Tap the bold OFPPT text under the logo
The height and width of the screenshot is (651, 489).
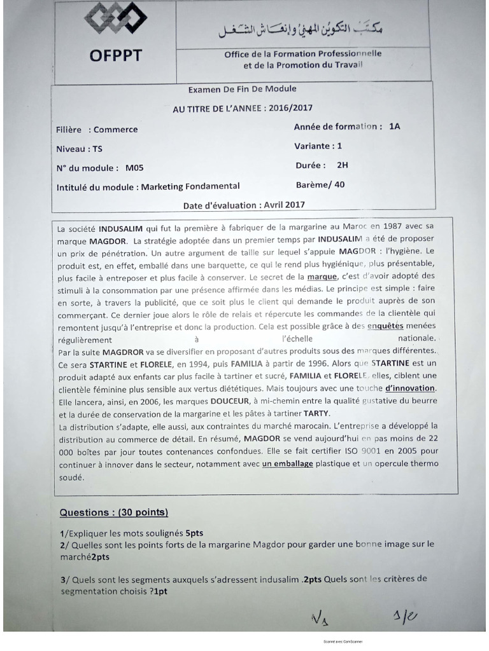pyautogui.click(x=115, y=56)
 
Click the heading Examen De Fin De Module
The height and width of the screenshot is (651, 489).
pyautogui.click(x=242, y=89)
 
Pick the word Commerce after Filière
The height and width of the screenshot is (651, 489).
pyautogui.click(x=115, y=130)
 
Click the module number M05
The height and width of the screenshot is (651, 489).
pyautogui.click(x=134, y=168)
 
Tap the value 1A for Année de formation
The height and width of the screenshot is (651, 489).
pyautogui.click(x=394, y=127)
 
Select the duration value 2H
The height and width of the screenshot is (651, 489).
pyautogui.click(x=343, y=165)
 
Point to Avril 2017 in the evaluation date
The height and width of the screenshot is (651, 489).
pyautogui.click(x=283, y=205)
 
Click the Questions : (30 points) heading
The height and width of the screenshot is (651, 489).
pyautogui.click(x=113, y=512)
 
